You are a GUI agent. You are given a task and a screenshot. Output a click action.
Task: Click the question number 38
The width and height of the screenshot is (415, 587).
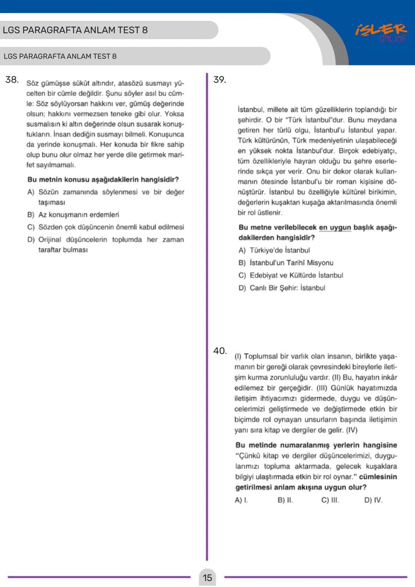tap(12, 80)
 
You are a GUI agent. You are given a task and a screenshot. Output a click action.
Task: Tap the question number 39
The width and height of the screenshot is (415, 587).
tap(220, 80)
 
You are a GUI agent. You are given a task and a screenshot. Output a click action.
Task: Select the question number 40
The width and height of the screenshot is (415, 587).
tap(220, 351)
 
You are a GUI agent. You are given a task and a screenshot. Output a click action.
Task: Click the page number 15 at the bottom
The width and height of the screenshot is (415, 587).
tap(207, 578)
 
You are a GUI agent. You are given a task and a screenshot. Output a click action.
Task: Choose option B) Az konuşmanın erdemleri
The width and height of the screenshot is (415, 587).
tap(73, 215)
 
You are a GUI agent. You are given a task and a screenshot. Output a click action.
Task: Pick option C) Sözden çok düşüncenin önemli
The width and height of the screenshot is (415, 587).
tap(106, 227)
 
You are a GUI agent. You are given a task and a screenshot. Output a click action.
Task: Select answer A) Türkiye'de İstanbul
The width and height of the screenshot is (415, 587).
tap(274, 250)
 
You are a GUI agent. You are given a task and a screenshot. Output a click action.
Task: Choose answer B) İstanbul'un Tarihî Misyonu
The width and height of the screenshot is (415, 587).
tap(286, 263)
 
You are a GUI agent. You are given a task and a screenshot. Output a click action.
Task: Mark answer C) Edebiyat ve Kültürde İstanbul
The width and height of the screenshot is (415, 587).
tap(290, 275)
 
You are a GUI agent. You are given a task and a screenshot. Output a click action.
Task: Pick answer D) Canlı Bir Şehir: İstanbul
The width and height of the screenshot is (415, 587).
tap(282, 288)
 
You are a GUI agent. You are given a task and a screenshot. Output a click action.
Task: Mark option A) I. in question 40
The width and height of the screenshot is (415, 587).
tap(241, 500)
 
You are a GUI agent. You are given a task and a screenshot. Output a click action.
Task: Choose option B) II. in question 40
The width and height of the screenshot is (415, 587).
tap(285, 500)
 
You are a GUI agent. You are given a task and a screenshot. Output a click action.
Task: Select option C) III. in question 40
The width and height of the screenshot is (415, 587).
tap(330, 500)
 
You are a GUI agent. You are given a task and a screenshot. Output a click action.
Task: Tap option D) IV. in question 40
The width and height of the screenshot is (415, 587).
tap(373, 500)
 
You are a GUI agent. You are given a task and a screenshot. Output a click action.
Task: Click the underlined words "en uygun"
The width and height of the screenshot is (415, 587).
tap(335, 228)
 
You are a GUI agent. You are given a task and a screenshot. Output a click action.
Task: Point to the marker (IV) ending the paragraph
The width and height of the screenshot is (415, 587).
tap(352, 430)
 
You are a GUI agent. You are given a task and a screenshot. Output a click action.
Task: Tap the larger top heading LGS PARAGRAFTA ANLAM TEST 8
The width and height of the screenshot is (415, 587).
tap(75, 30)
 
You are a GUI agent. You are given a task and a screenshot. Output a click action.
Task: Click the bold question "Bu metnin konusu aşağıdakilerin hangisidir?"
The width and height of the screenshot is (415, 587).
tap(103, 180)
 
